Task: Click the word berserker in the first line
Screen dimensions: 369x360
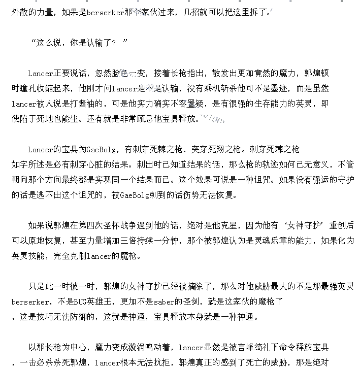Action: click(x=106, y=12)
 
